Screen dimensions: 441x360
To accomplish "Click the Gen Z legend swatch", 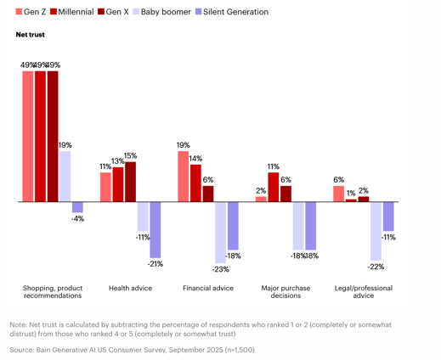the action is [x=19, y=12].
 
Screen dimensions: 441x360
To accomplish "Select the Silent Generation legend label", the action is [x=235, y=12].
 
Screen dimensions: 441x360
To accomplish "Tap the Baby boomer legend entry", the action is [x=162, y=12].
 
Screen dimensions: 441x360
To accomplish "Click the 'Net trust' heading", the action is [x=31, y=35].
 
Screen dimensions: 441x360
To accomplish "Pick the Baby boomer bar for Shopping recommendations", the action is [x=65, y=177].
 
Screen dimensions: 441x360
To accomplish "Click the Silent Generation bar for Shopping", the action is [x=77, y=207].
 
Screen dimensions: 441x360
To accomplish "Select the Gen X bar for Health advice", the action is [x=131, y=182].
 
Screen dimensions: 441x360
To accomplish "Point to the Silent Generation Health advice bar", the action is [x=155, y=230].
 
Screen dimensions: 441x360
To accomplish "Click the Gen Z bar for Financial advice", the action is [x=184, y=177].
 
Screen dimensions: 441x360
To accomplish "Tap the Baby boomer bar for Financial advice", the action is [x=221, y=233].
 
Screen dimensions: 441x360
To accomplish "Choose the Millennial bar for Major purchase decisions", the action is [x=274, y=187].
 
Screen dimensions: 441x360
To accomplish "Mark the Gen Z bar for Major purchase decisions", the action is [x=261, y=200].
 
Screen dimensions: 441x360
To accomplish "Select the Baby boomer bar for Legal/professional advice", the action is [x=376, y=231].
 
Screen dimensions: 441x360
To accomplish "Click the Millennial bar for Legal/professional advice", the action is [x=351, y=200].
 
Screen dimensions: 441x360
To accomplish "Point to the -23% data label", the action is [x=221, y=269].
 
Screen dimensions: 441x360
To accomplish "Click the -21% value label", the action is [x=155, y=264].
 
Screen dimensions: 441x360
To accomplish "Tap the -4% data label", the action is [x=77, y=218].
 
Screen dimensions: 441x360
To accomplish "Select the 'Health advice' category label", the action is [x=131, y=288].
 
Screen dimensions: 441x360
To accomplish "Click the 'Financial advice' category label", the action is [x=208, y=288].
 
